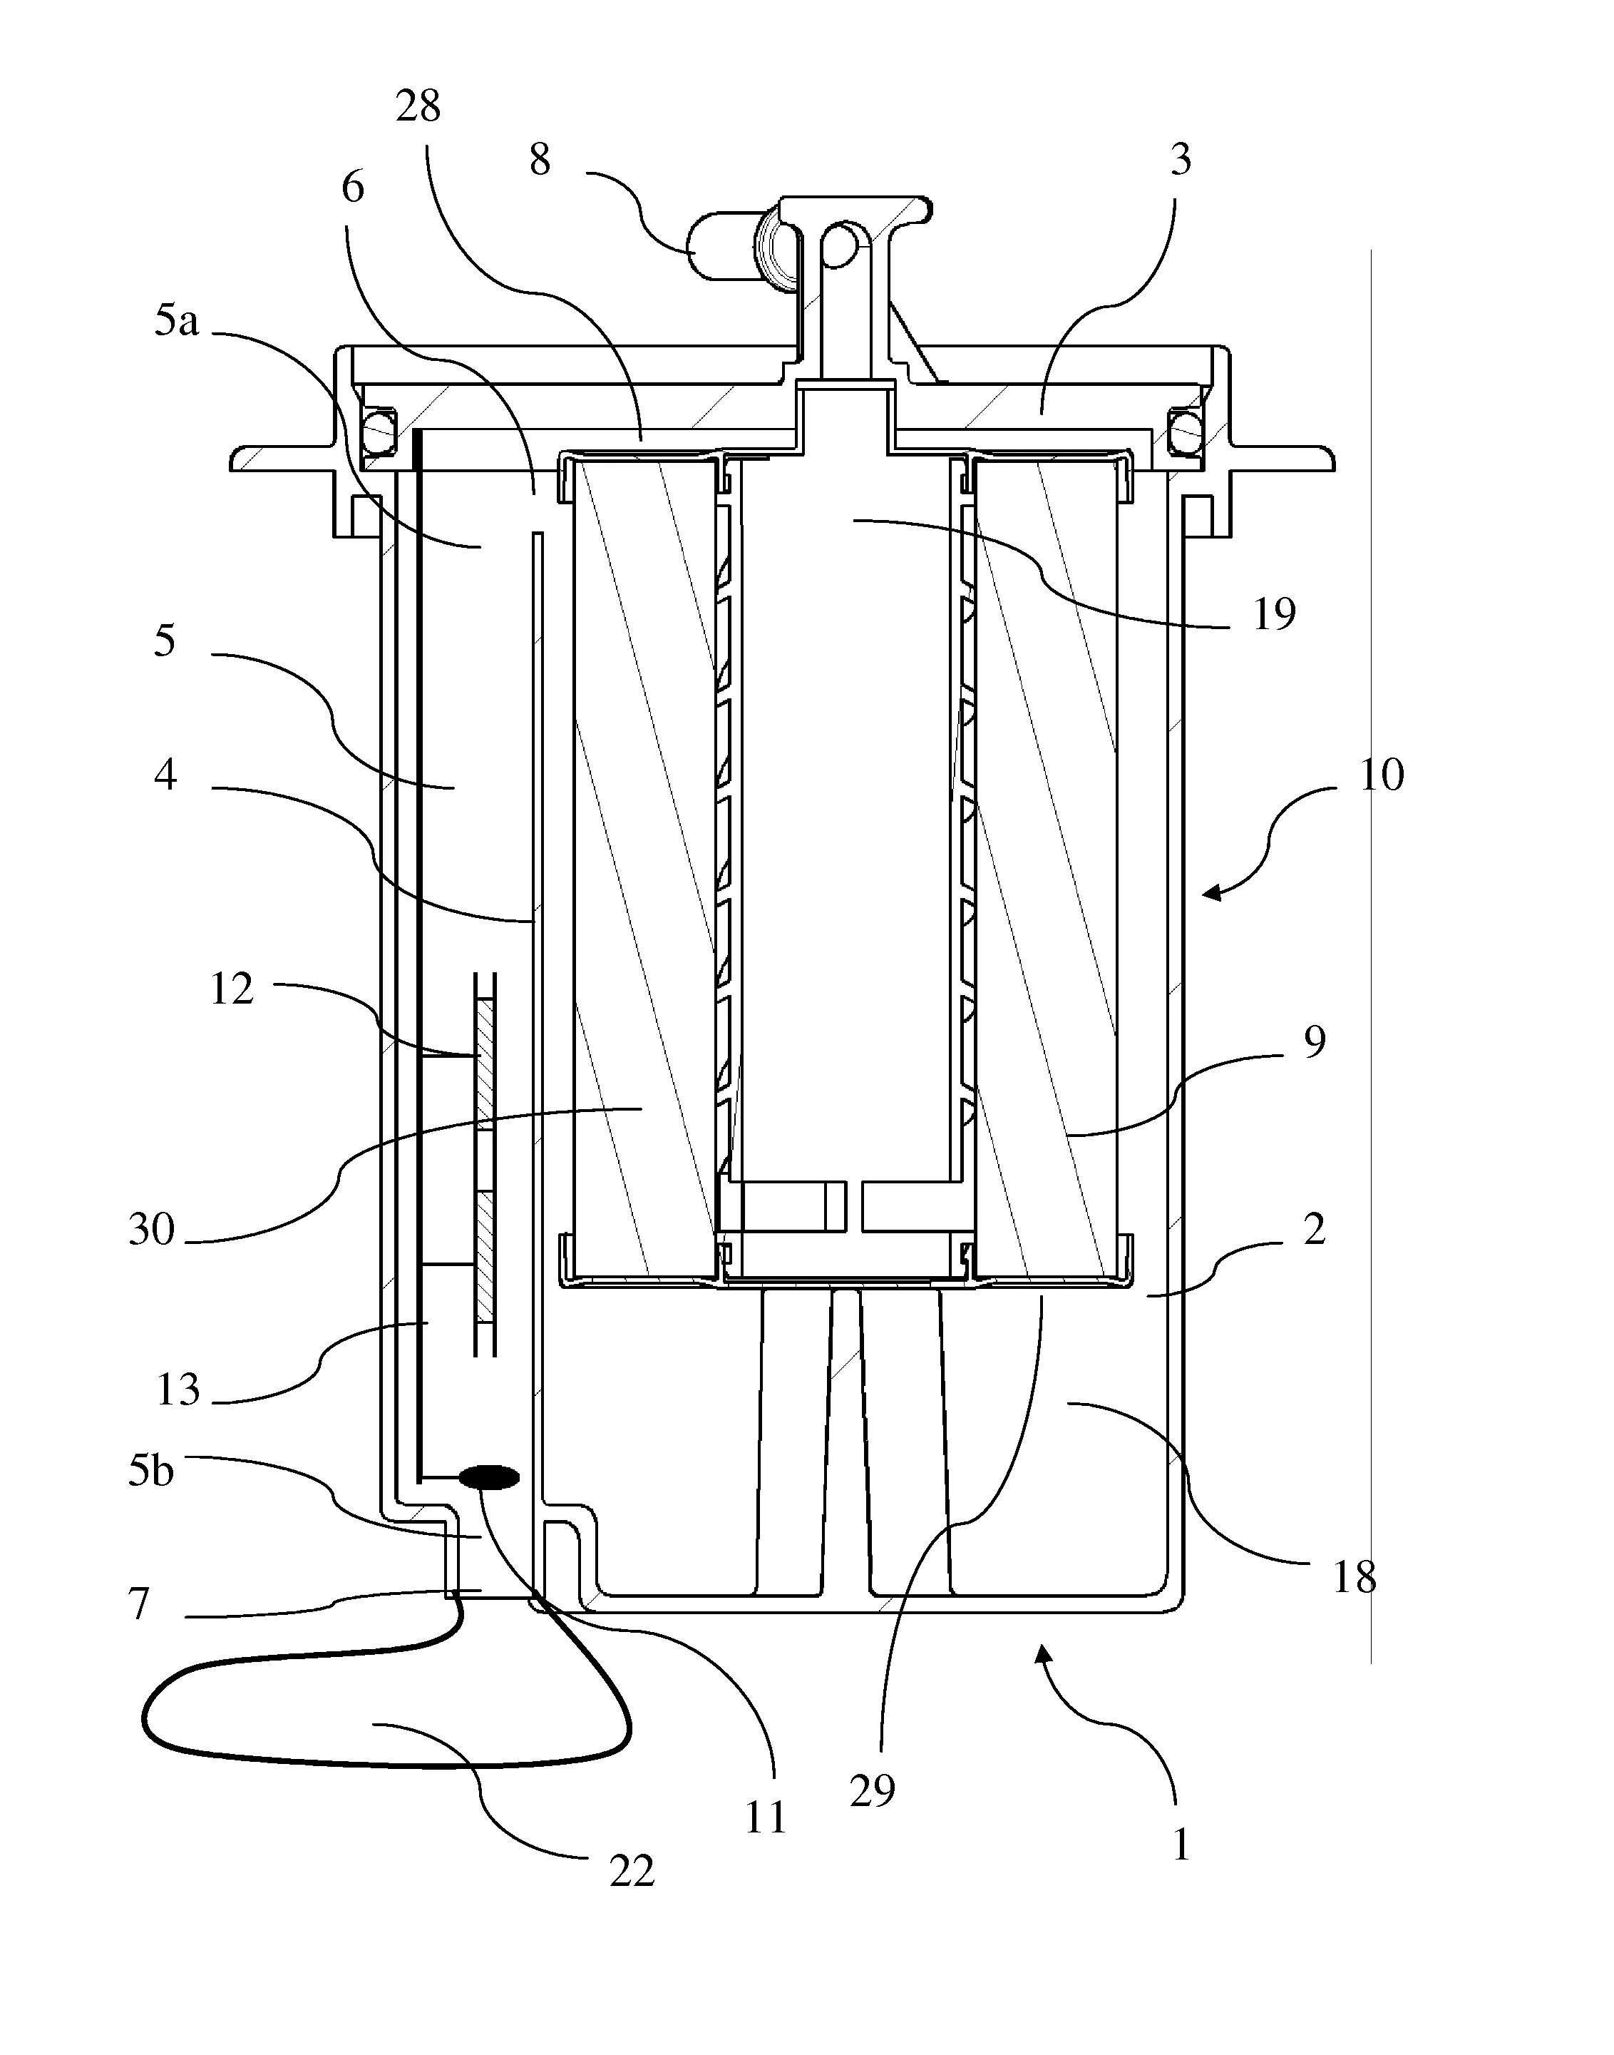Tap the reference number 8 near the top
540,160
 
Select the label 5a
178,322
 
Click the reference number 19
1274,616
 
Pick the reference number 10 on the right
1382,775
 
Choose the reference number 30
152,1230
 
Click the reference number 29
871,1790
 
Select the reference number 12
232,989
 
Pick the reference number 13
178,1389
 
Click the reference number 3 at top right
1181,160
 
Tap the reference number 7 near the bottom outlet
139,1604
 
